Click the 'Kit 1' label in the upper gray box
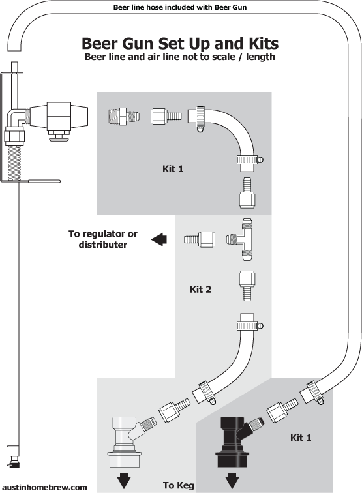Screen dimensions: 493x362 pyautogui.click(x=173, y=169)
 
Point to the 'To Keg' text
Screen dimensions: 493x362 pyautogui.click(x=177, y=485)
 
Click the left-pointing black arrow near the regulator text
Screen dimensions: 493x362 pyautogui.click(x=158, y=240)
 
